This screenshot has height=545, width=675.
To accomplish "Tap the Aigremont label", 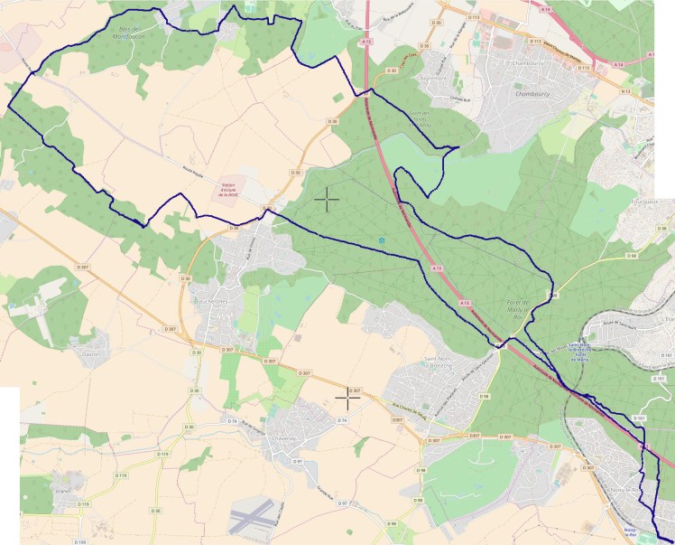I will (x=434, y=80).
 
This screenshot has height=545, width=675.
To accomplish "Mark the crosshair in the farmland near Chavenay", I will (x=347, y=395).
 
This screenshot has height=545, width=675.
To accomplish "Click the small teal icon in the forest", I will (x=382, y=240).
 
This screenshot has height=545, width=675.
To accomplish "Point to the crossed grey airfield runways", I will (x=251, y=518).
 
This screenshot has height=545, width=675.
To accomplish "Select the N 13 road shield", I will (x=625, y=92).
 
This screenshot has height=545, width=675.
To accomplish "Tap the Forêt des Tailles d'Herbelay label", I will (x=421, y=118).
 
